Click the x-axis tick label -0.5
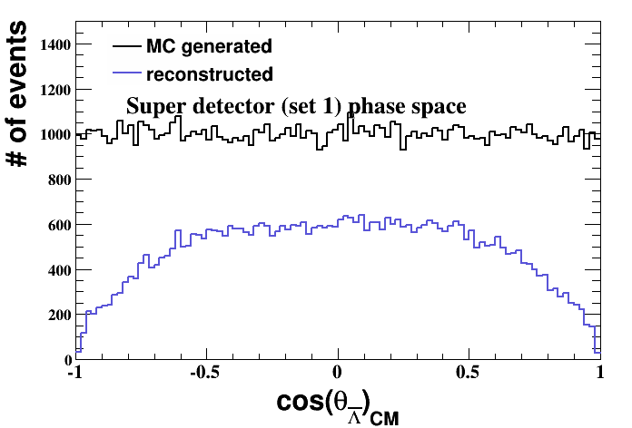(206, 371)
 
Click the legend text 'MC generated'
(209, 45)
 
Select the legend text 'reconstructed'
(209, 73)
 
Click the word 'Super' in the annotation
(152, 107)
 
